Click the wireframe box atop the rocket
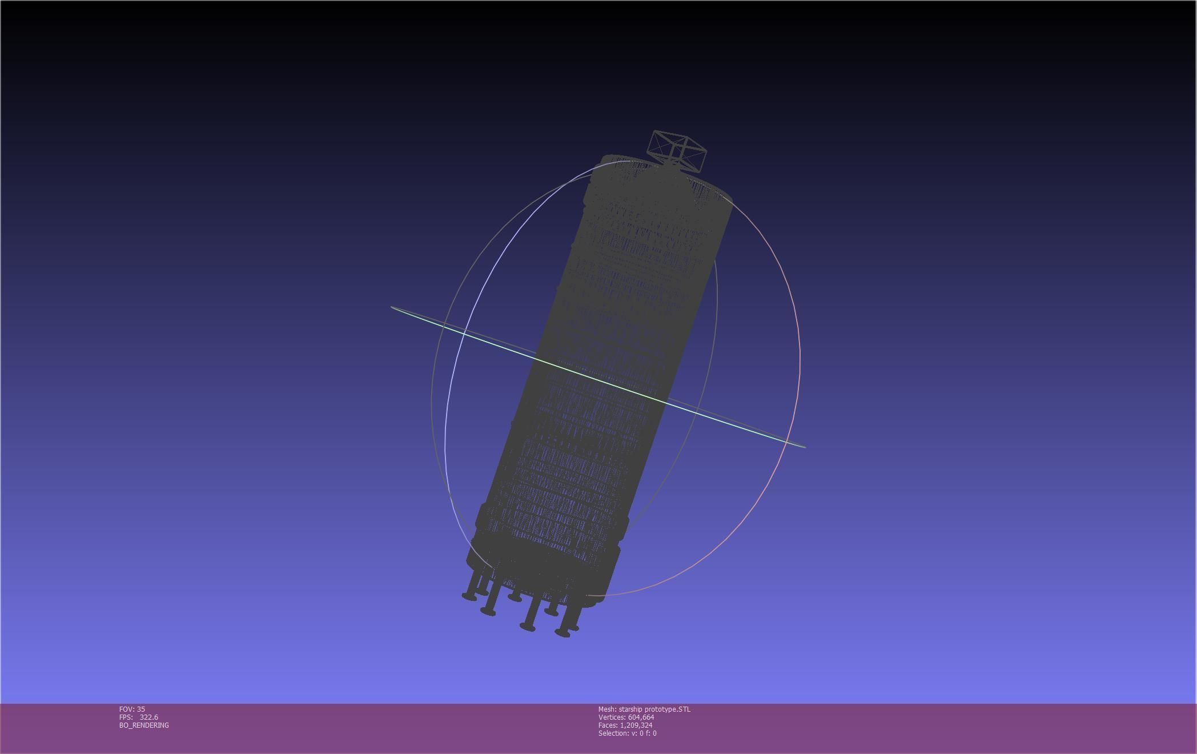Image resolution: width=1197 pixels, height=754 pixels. coord(677,150)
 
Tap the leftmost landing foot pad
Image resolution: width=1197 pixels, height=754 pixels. coord(469,597)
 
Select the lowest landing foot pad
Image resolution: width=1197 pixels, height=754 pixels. coord(563,633)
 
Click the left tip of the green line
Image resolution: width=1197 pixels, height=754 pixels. coord(392,307)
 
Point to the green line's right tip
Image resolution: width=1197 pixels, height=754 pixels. coord(805,446)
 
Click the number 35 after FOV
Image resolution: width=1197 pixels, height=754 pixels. coord(141,709)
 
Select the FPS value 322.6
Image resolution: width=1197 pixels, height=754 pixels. coord(148,717)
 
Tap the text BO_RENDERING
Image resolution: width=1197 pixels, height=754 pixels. coord(144,725)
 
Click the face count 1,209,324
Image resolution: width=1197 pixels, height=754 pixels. coord(636,725)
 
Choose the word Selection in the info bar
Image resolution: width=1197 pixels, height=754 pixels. coord(613,733)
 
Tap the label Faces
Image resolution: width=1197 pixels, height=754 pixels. coord(608,725)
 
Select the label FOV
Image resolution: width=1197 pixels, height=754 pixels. coord(126,709)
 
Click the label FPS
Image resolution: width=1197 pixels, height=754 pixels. coord(126,717)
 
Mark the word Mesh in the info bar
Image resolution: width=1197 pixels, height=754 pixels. coord(607,709)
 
